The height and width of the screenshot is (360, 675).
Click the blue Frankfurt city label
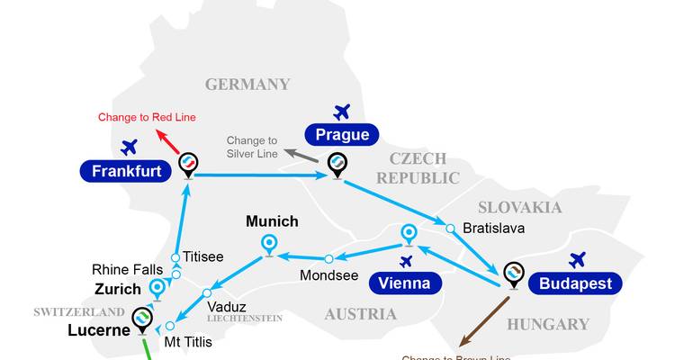[126, 170]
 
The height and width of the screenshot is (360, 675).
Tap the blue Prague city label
[342, 135]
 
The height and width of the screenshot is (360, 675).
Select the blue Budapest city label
[576, 283]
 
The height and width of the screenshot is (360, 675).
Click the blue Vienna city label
[404, 283]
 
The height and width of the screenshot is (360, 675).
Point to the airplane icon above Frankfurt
[130, 146]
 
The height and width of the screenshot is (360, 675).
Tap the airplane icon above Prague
[341, 112]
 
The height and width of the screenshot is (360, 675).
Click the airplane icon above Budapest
[577, 260]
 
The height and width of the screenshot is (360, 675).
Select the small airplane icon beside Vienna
[406, 261]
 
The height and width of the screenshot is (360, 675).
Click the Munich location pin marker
[268, 243]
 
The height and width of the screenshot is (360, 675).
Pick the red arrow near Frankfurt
[167, 141]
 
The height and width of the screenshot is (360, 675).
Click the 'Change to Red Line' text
[147, 117]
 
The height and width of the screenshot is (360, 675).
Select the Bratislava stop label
[493, 229]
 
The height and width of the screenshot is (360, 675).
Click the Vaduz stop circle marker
[207, 292]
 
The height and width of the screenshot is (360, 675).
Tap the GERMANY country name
[247, 85]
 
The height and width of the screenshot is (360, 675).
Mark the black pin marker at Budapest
[514, 274]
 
